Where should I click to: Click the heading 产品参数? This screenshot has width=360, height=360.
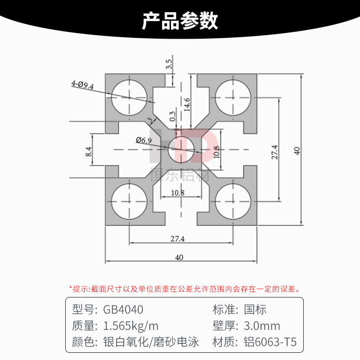click(180, 21)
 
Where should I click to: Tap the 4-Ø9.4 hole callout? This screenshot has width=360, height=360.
click(82, 85)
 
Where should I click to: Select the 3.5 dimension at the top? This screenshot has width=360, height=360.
click(169, 64)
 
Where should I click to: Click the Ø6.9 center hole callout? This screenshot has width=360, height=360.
click(144, 140)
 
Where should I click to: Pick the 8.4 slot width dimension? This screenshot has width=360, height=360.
click(89, 151)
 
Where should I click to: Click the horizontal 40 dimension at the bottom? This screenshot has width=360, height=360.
click(179, 257)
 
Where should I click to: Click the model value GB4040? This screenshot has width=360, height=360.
click(123, 310)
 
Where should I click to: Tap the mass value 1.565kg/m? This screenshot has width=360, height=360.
click(131, 326)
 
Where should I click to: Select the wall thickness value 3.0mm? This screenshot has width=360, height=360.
click(262, 326)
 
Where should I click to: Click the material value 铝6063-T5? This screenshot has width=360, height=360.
click(270, 342)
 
